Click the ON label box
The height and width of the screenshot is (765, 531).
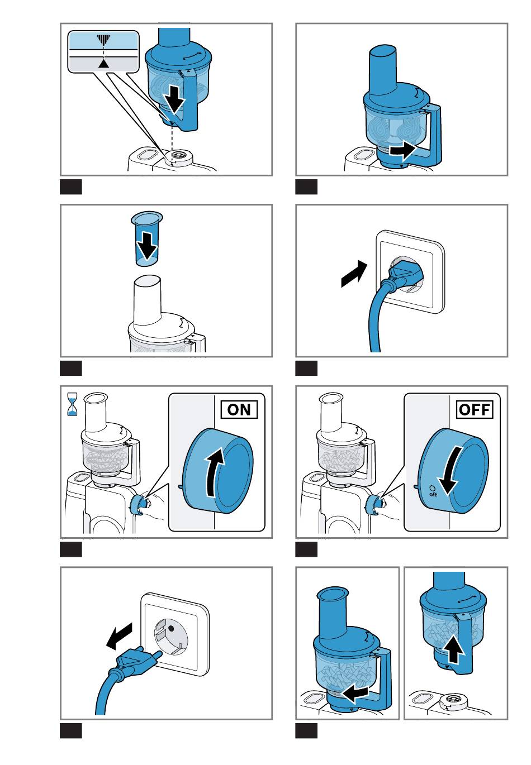pos(239,409)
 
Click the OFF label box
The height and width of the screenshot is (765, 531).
pos(475,409)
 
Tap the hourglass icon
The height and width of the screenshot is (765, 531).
pos(72,404)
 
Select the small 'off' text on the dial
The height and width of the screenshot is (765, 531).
pos(433,494)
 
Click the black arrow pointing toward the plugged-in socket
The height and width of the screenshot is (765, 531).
pos(354,274)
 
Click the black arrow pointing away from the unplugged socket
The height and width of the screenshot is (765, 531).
pos(119,635)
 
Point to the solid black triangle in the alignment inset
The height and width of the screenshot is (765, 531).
pos(103,63)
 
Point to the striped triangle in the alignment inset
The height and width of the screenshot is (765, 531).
pos(103,41)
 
